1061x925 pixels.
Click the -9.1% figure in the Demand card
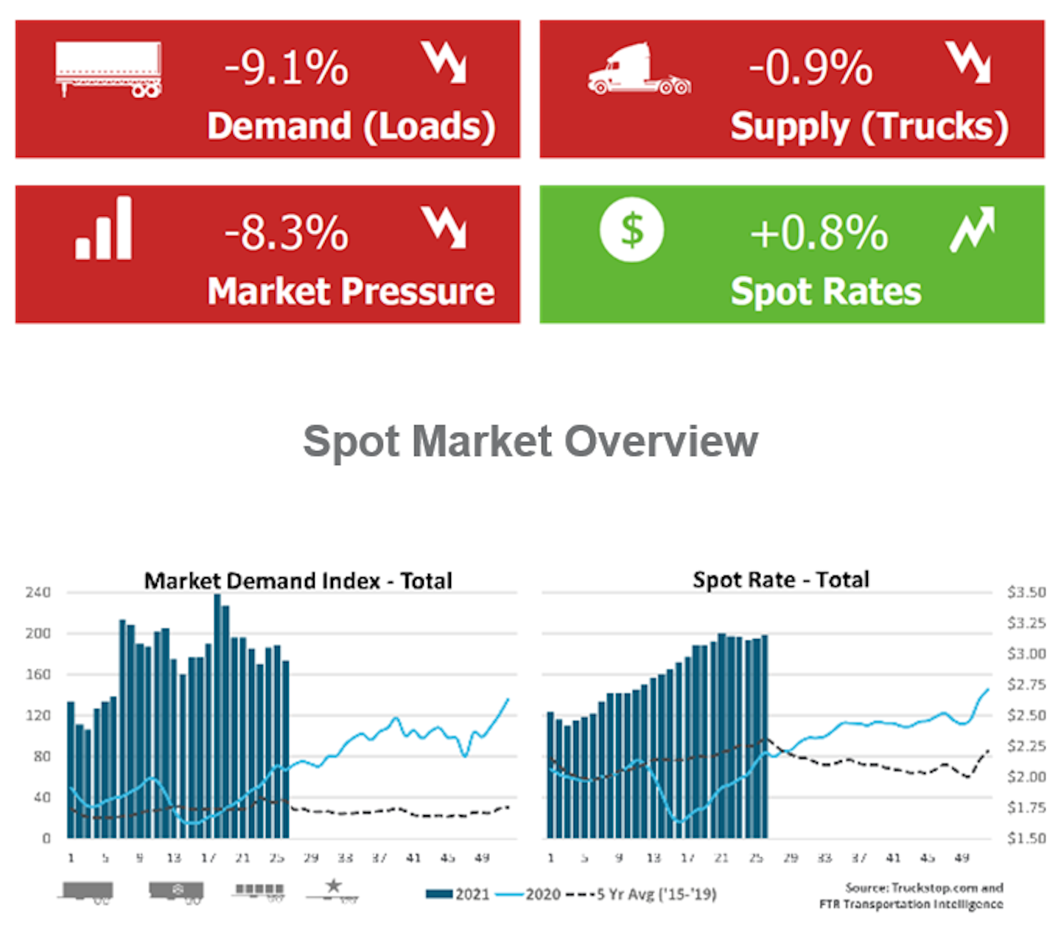click(x=286, y=68)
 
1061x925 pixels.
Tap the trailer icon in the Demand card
click(x=108, y=69)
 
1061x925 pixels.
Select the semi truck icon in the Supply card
click(x=638, y=69)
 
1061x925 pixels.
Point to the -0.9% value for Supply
click(x=810, y=68)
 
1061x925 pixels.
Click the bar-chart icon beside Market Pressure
click(x=104, y=228)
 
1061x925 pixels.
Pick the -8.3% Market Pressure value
click(x=286, y=233)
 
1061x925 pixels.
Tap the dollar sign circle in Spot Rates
click(x=631, y=229)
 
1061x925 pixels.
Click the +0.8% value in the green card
click(x=819, y=233)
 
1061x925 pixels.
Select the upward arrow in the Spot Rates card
click(x=972, y=228)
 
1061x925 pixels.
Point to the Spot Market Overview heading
click(x=530, y=441)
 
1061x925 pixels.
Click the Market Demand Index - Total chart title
click(x=298, y=581)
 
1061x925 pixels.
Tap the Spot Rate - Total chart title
click(x=780, y=580)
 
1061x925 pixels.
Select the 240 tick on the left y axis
click(x=38, y=593)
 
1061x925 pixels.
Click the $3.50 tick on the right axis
click(x=1026, y=593)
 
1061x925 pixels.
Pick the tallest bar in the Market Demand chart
click(x=217, y=715)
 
